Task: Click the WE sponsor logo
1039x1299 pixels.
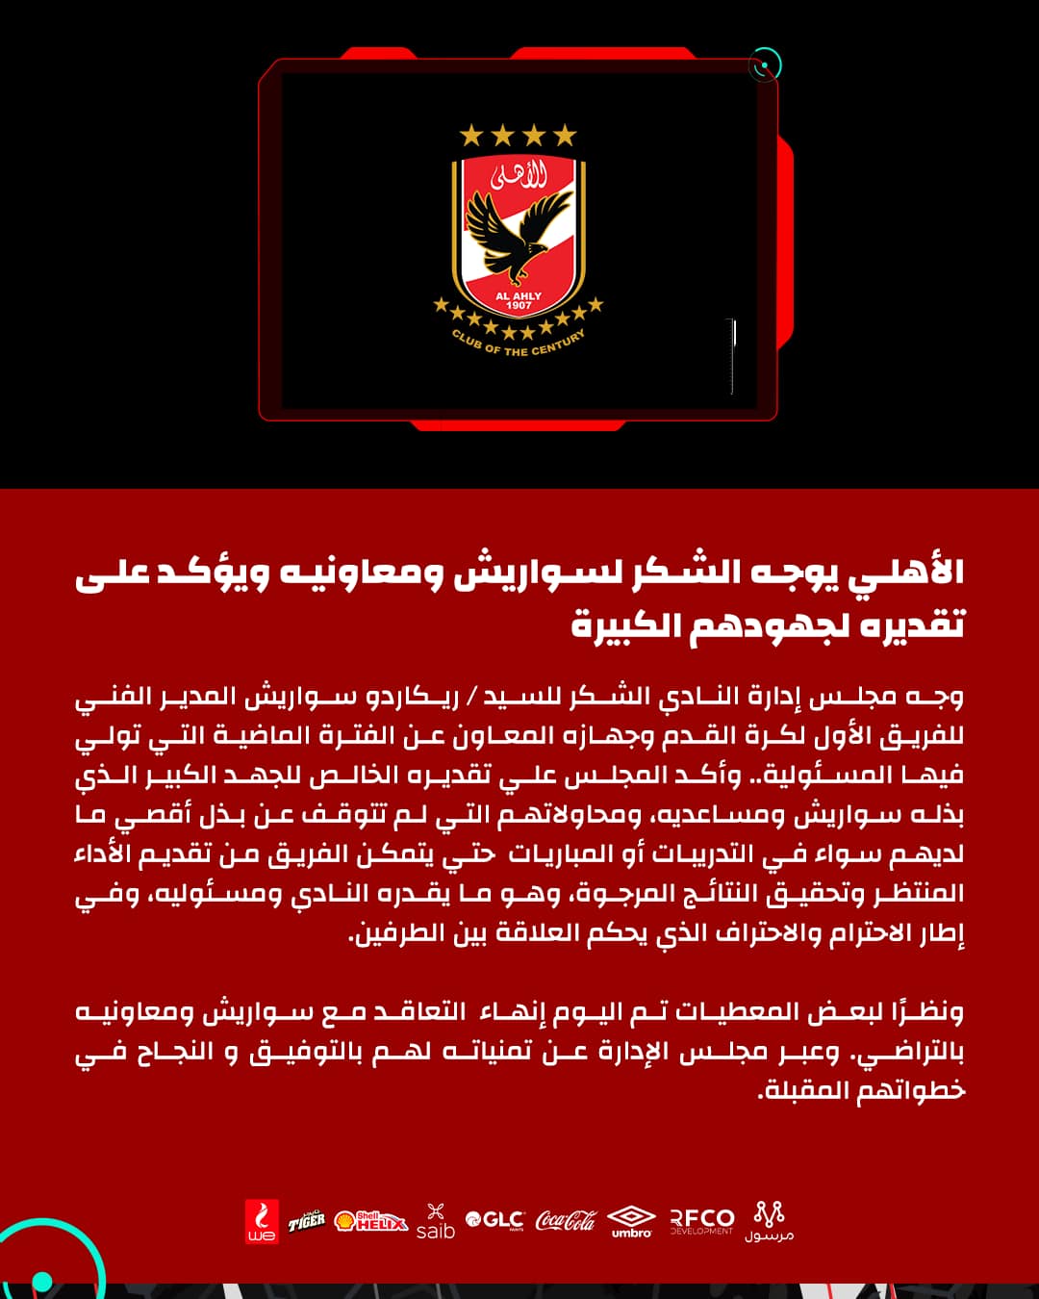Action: (x=261, y=1221)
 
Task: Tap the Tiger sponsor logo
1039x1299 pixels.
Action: (x=307, y=1221)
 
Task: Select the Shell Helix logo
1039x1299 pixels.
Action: (x=371, y=1221)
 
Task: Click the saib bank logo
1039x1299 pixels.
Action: (x=435, y=1221)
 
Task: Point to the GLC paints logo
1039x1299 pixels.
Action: (x=494, y=1220)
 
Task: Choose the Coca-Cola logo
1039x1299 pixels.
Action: (x=566, y=1220)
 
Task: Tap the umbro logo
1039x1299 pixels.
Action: (x=631, y=1221)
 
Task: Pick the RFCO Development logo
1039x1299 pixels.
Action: (x=701, y=1221)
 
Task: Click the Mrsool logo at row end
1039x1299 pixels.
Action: (x=769, y=1221)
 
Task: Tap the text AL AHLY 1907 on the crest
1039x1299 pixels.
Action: (x=519, y=300)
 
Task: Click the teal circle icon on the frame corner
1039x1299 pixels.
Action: (x=765, y=65)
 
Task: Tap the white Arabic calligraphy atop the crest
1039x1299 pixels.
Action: (x=519, y=175)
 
